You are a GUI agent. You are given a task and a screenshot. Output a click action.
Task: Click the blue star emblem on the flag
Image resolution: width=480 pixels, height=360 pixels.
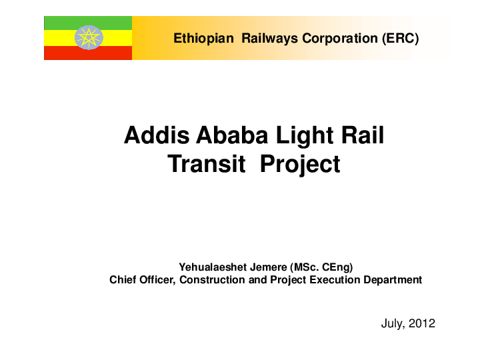pos(89,38)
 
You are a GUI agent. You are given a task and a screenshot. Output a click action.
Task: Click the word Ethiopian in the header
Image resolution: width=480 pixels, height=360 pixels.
pos(203,38)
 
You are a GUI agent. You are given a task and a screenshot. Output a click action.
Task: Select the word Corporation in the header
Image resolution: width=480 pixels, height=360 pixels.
pos(340,38)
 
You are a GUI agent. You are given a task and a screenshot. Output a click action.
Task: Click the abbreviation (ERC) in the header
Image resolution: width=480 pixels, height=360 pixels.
pos(401,38)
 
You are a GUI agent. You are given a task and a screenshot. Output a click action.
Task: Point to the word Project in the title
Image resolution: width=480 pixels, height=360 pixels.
pos(300,163)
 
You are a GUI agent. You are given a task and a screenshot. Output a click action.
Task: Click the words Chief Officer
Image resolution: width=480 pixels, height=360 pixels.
pos(142,280)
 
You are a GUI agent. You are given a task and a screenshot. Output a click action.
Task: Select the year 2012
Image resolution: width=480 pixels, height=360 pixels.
pos(422,324)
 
